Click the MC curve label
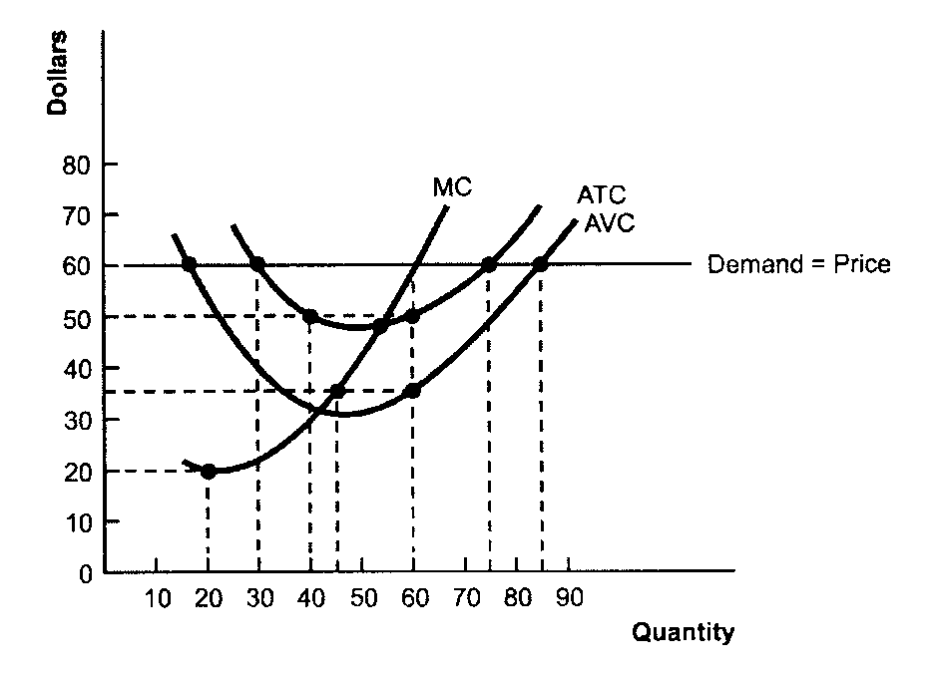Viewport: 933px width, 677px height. click(x=452, y=186)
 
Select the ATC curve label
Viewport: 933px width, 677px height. click(x=602, y=195)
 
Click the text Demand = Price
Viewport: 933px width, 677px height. click(x=798, y=265)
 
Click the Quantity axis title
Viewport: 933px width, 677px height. click(x=683, y=632)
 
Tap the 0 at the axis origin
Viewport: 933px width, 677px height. click(x=85, y=574)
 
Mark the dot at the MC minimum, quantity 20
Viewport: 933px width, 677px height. click(x=208, y=471)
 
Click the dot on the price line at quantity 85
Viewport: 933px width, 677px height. click(x=541, y=265)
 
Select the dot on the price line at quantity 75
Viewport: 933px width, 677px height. click(x=489, y=265)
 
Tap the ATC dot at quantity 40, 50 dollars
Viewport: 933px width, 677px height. click(x=310, y=316)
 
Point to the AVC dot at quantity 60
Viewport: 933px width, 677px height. click(x=412, y=391)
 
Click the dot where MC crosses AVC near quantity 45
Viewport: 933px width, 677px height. click(x=337, y=391)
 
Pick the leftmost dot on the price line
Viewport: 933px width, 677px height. click(x=189, y=265)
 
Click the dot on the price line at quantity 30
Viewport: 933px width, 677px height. click(x=257, y=265)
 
